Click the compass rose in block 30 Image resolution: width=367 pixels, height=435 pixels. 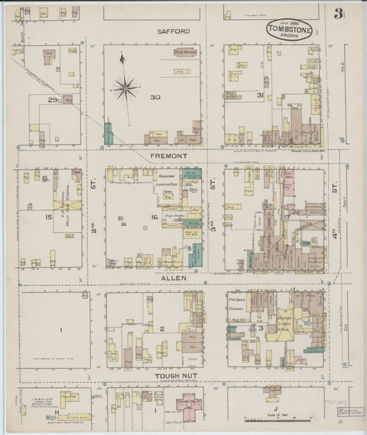(126, 90)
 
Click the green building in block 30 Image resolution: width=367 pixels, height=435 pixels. (109, 134)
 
